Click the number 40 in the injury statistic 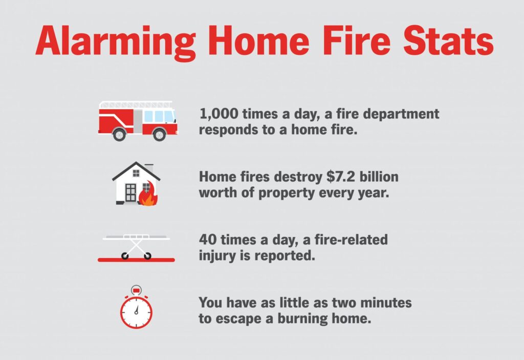coord(208,240)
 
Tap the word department coord(401,114)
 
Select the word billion coord(379,176)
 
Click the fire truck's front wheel coord(159,135)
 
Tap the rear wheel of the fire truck coord(119,135)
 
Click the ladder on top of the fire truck coord(135,104)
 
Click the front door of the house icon coord(130,194)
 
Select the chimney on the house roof coord(149,167)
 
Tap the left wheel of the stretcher coord(125,256)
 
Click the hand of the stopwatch coord(136,310)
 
